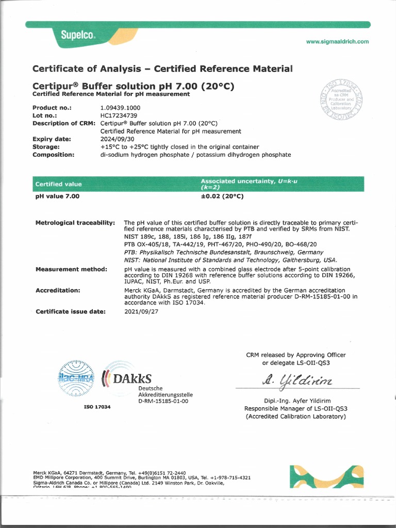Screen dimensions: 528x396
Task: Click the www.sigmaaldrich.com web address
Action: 337,42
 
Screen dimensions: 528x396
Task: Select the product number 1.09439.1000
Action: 120,108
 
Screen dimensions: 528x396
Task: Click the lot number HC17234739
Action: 120,115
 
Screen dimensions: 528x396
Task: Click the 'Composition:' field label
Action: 53,154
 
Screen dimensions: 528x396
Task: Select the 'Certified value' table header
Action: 58,184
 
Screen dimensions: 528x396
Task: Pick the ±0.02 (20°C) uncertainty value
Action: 222,196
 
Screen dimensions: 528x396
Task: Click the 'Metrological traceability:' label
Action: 75,222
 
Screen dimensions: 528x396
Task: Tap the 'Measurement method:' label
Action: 71,269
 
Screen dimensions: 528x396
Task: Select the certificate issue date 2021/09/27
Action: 142,311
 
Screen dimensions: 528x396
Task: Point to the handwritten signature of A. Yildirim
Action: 290,380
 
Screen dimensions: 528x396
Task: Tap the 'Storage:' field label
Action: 46,146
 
